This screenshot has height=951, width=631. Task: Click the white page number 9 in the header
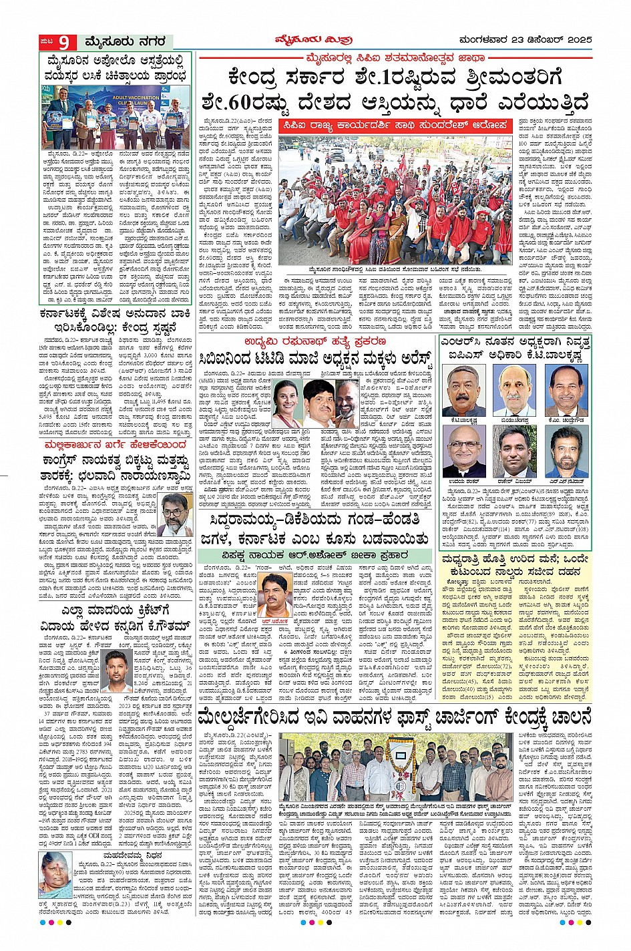coord(63,42)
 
